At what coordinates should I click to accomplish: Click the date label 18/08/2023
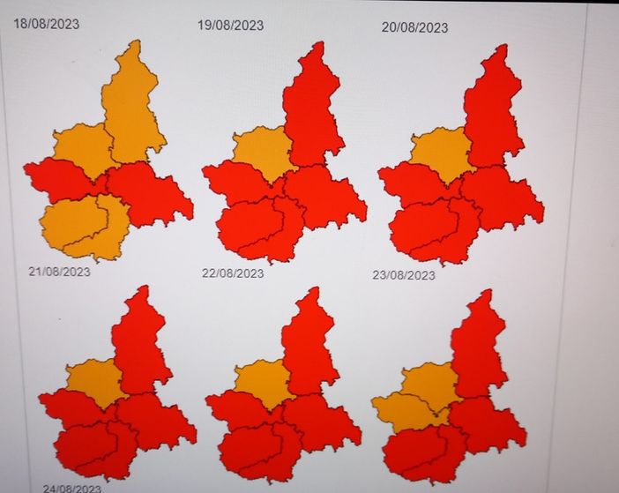[x=46, y=24]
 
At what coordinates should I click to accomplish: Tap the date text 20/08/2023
[x=414, y=27]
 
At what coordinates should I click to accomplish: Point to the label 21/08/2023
[x=59, y=271]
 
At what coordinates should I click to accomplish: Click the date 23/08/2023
[x=403, y=275]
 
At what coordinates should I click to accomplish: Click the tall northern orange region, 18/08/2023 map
[x=132, y=101]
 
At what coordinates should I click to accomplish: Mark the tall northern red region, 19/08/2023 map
[x=313, y=106]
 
